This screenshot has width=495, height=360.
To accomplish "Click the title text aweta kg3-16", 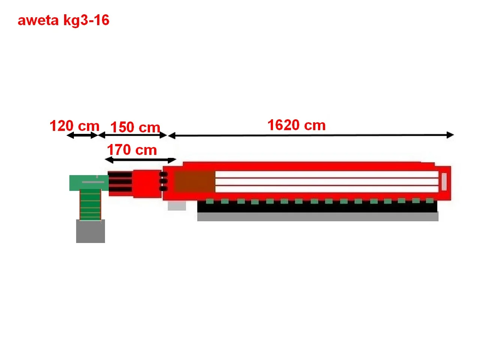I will (63, 20).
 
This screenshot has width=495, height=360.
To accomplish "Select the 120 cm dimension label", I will (74, 126).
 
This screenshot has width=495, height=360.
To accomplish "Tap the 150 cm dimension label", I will (135, 127).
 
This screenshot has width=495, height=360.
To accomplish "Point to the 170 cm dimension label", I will (132, 150).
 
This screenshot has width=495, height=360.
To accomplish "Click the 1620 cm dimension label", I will (296, 125).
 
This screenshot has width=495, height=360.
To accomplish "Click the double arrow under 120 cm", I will (82, 135).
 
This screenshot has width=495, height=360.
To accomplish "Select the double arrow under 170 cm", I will (140, 160).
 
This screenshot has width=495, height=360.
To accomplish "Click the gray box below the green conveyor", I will (90, 231).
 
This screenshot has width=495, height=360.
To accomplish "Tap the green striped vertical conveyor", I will (90, 205).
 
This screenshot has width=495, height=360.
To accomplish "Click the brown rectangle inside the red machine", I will (195, 182).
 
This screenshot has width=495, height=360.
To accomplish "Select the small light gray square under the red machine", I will (177, 205).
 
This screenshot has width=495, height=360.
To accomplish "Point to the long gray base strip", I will (318, 217).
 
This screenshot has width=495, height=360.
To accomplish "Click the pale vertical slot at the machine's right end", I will (444, 181).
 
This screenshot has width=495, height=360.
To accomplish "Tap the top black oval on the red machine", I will (163, 174).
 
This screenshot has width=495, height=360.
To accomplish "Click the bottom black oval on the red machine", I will (163, 188).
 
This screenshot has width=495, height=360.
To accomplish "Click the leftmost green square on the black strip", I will (210, 201).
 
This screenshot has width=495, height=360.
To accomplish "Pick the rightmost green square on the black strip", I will (430, 201).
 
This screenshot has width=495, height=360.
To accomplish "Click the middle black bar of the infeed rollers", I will (120, 182).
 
